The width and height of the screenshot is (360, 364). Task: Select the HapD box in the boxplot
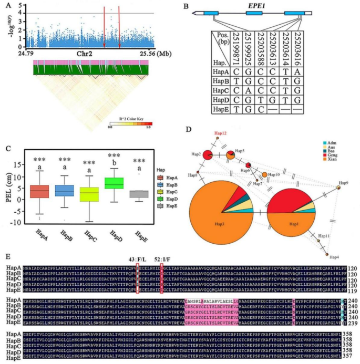point(128,183)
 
